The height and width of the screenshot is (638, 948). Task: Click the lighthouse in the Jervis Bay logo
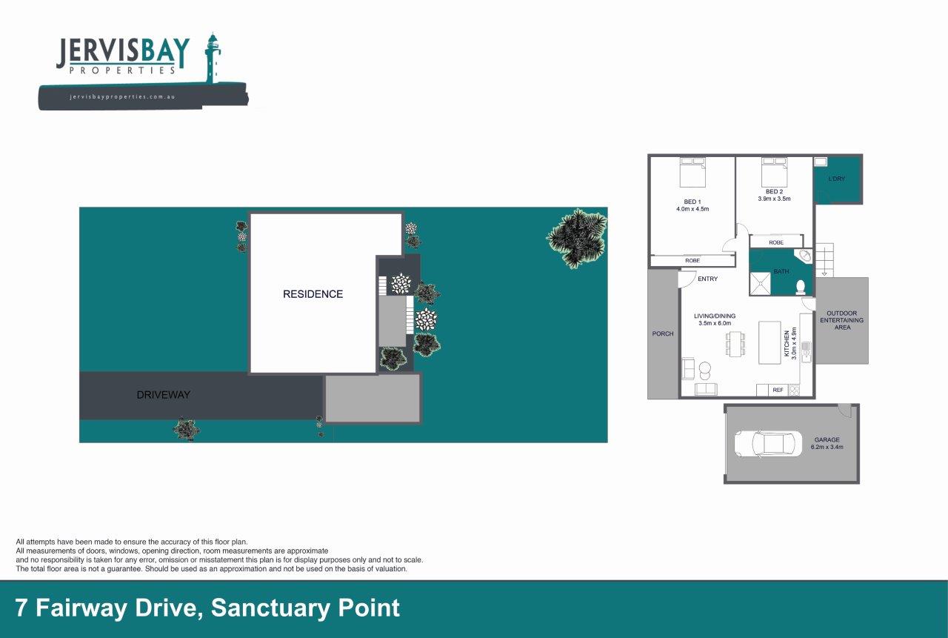click(x=213, y=59)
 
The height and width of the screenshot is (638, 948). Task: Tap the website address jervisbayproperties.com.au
click(x=122, y=97)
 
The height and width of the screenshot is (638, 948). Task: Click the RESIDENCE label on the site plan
click(x=313, y=294)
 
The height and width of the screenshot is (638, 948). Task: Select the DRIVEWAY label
click(x=164, y=395)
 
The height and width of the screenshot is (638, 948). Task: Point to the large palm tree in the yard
click(x=577, y=239)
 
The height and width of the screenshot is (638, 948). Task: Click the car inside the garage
click(x=768, y=444)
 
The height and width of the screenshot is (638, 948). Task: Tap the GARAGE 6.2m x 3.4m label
click(x=827, y=443)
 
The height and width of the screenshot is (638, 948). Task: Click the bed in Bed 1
click(x=692, y=173)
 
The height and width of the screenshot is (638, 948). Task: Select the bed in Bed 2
click(x=774, y=173)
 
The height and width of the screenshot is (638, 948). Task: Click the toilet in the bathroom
click(x=801, y=287)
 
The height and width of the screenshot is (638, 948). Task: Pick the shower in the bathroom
click(x=760, y=283)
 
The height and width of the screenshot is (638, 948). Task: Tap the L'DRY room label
click(x=837, y=179)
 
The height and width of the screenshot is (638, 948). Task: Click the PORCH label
click(x=663, y=333)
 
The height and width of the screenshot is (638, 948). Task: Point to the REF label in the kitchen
click(x=778, y=390)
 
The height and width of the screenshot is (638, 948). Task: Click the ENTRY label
click(x=707, y=279)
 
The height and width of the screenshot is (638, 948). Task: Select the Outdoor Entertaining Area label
click(x=842, y=320)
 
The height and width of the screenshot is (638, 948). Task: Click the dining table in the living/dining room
click(x=735, y=344)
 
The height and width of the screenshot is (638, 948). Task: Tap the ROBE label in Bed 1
click(x=692, y=261)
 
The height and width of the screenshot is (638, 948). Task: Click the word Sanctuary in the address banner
click(x=270, y=608)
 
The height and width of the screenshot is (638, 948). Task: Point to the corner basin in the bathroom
click(x=804, y=256)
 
